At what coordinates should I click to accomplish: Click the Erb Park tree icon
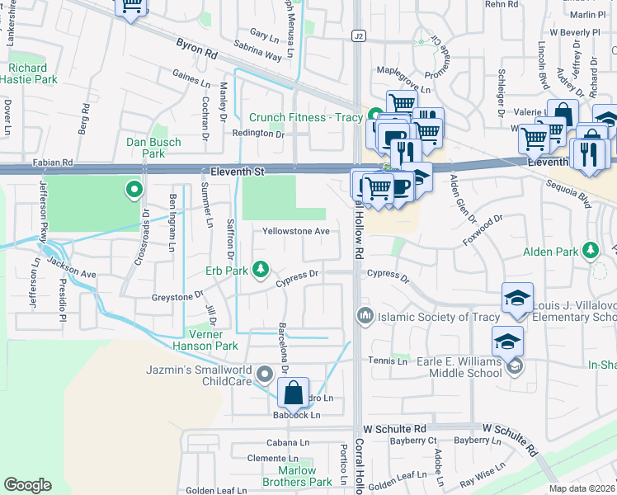pos(261,268)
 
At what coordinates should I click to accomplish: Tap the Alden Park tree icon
pos(590,249)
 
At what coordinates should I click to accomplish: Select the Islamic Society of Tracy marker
pos(364,316)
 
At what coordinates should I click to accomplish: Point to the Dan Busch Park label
pos(153,148)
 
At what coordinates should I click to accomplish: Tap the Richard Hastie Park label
pos(29,74)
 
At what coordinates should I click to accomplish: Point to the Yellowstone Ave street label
pos(296,232)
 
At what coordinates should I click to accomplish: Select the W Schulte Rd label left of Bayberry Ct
pos(394,429)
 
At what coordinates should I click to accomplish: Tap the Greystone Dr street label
pos(177,295)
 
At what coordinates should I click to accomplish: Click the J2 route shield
pos(357,36)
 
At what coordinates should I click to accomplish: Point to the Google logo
pos(28,485)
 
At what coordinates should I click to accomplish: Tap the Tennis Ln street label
pos(388,361)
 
